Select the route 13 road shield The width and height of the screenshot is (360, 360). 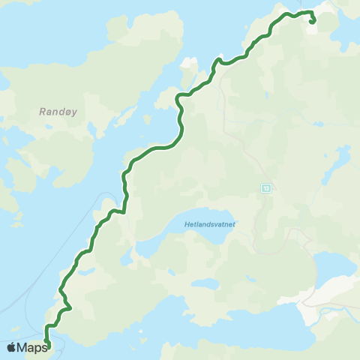pyautogui.click(x=265, y=187)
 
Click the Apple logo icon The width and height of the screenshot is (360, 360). pyautogui.click(x=12, y=347)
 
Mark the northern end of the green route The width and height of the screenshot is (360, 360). pyautogui.click(x=311, y=22)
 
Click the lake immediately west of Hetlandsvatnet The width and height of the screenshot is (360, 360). pyautogui.click(x=150, y=247)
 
